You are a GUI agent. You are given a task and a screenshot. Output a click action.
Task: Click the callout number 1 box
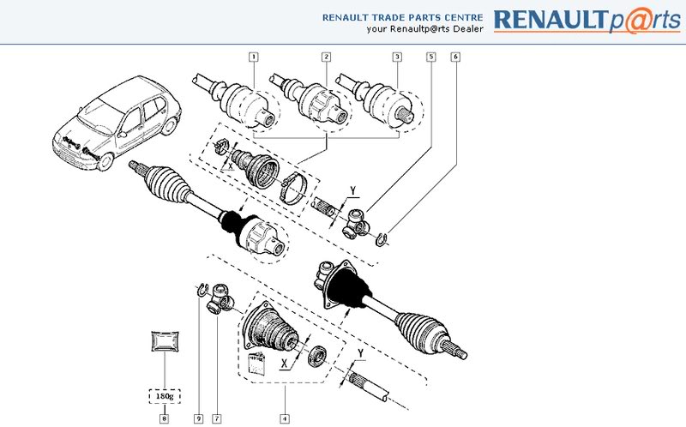click(x=254, y=57)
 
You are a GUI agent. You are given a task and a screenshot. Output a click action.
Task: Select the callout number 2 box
click(x=326, y=57)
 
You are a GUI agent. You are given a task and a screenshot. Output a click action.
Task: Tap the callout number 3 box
click(x=397, y=57)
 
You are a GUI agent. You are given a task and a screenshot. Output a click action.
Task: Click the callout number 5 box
click(x=431, y=57)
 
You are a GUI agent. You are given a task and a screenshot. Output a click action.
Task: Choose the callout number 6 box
click(x=454, y=57)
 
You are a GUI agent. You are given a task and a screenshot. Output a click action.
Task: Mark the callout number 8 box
click(x=165, y=418)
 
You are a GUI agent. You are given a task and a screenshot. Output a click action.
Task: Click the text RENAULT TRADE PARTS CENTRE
click(x=403, y=16)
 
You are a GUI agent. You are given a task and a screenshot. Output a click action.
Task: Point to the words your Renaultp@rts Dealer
click(x=424, y=28)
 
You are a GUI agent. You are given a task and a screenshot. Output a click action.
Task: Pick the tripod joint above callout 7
click(x=222, y=298)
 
